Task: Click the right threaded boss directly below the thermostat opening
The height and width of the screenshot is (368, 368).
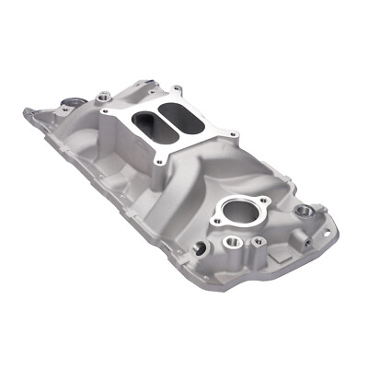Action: (x=259, y=242)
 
